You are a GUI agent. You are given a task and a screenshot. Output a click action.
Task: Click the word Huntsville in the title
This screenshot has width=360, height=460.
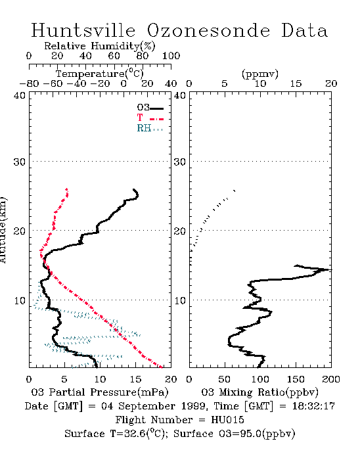click(83, 30)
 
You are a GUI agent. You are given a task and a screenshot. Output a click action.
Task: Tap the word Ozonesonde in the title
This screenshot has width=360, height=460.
click(208, 30)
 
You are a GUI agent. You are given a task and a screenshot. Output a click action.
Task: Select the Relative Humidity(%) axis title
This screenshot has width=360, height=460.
click(100, 46)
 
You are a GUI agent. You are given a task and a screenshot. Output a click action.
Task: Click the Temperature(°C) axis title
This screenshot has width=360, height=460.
click(100, 74)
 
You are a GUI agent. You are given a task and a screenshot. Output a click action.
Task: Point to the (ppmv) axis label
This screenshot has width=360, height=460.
click(260, 74)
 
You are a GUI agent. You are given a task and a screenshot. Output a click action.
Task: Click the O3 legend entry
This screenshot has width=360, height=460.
click(150, 108)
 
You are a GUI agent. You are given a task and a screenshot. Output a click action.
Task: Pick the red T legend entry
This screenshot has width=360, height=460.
click(150, 118)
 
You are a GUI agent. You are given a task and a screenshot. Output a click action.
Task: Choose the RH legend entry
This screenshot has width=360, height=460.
click(150, 128)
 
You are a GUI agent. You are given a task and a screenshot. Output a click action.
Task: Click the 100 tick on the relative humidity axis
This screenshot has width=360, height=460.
click(171, 56)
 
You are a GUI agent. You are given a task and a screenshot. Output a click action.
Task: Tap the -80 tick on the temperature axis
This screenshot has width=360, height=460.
click(29, 83)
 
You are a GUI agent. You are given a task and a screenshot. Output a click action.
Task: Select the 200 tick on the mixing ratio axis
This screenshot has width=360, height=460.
click(331, 379)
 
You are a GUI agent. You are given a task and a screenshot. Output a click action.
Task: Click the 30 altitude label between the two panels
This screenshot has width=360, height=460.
click(180, 162)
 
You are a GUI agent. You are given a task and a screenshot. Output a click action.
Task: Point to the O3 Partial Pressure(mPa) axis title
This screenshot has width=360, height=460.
click(100, 392)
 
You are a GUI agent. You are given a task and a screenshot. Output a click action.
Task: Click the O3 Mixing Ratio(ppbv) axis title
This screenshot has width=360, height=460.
click(259, 392)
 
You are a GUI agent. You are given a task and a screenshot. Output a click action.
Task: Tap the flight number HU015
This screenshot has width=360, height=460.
click(227, 419)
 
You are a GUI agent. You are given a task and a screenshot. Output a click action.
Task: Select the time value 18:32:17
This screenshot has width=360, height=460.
click(313, 406)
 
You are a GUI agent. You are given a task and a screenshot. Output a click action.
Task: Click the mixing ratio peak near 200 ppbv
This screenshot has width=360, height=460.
click(330, 269)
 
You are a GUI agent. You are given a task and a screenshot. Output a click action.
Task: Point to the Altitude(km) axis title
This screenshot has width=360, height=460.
click(3, 230)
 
